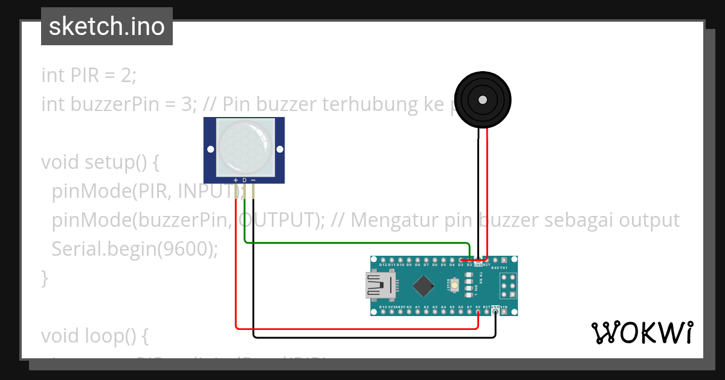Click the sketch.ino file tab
(107, 27)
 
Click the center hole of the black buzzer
(482, 100)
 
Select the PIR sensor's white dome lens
(243, 145)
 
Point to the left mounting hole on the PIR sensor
(210, 149)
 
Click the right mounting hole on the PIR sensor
(279, 149)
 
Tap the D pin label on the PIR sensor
(244, 180)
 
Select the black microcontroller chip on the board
(426, 285)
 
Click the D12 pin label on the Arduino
(383, 265)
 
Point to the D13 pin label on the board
(383, 307)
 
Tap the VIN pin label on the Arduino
(504, 307)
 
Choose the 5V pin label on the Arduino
(478, 307)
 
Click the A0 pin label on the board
(409, 307)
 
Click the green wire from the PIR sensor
(356, 243)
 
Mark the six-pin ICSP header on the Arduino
(507, 285)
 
